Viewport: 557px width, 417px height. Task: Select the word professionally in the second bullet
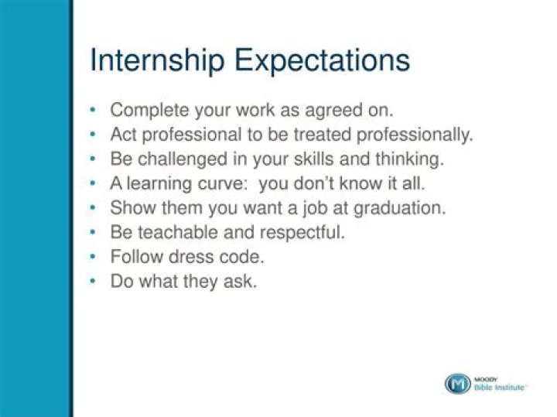click(411, 135)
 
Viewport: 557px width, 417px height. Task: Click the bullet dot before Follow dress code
click(94, 257)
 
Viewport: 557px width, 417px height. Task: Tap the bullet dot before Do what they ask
click(94, 281)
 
